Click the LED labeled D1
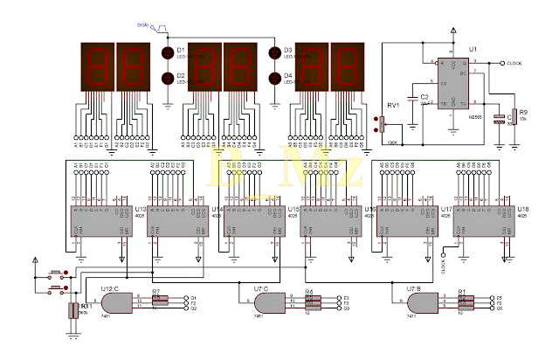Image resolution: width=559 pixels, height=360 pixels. pyautogui.click(x=168, y=53)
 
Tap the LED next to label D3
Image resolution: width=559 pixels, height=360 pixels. pyautogui.click(x=274, y=53)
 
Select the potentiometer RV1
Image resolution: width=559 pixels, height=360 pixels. pyautogui.click(x=382, y=124)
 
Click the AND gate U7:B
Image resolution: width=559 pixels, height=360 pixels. pyautogui.click(x=422, y=303)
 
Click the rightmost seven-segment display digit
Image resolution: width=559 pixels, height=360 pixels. pyautogui.click(x=346, y=66)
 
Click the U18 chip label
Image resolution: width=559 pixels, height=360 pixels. pyautogui.click(x=522, y=211)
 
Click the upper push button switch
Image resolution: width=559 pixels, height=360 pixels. pyautogui.click(x=56, y=273)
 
